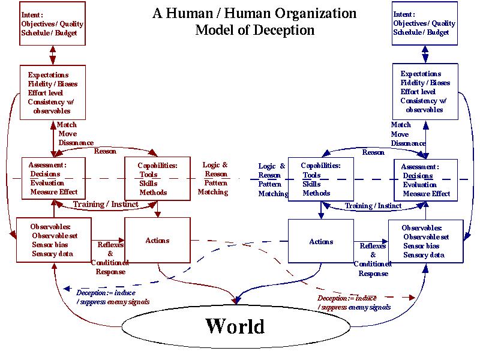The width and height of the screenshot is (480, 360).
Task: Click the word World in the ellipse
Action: [235, 326]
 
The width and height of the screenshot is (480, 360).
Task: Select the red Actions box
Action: [157, 240]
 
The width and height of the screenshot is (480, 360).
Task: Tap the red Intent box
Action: [52, 23]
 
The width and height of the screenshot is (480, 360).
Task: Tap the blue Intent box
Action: [424, 23]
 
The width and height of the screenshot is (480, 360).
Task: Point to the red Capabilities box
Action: [157, 178]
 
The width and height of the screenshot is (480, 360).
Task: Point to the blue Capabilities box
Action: [320, 179]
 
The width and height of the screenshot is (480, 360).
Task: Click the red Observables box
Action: [53, 241]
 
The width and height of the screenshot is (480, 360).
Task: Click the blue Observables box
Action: [425, 242]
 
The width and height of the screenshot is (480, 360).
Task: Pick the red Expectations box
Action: [53, 92]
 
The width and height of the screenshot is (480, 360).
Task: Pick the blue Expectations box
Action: [425, 91]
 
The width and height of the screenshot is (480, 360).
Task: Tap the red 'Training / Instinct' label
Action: [106, 205]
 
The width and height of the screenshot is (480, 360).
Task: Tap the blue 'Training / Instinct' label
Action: [373, 206]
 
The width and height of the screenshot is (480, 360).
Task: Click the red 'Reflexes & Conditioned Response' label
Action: [110, 258]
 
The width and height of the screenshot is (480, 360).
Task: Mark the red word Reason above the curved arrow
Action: [105, 151]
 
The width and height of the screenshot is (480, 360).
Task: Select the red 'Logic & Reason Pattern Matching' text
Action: [214, 178]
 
